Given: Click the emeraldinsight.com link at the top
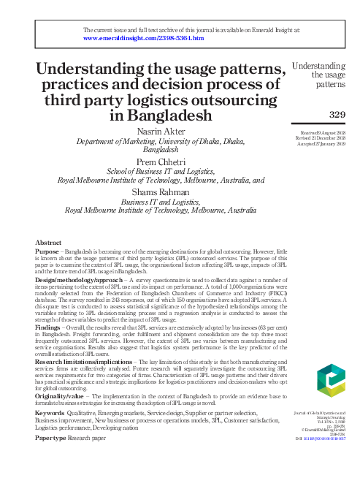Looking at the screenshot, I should (143, 38).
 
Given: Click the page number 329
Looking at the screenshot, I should (338, 114).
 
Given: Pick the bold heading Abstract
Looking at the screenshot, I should (48, 242).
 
